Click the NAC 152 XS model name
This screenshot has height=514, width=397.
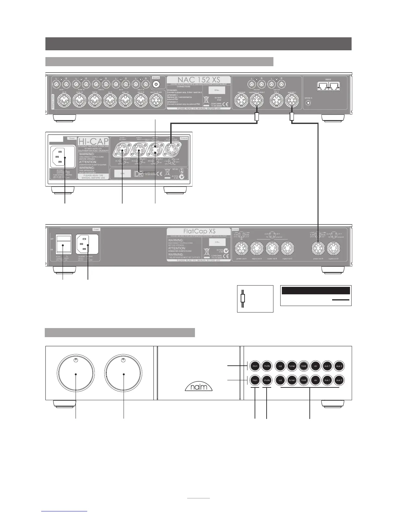click(198, 80)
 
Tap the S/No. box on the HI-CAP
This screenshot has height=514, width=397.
click(122, 173)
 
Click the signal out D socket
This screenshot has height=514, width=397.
click(334, 249)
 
